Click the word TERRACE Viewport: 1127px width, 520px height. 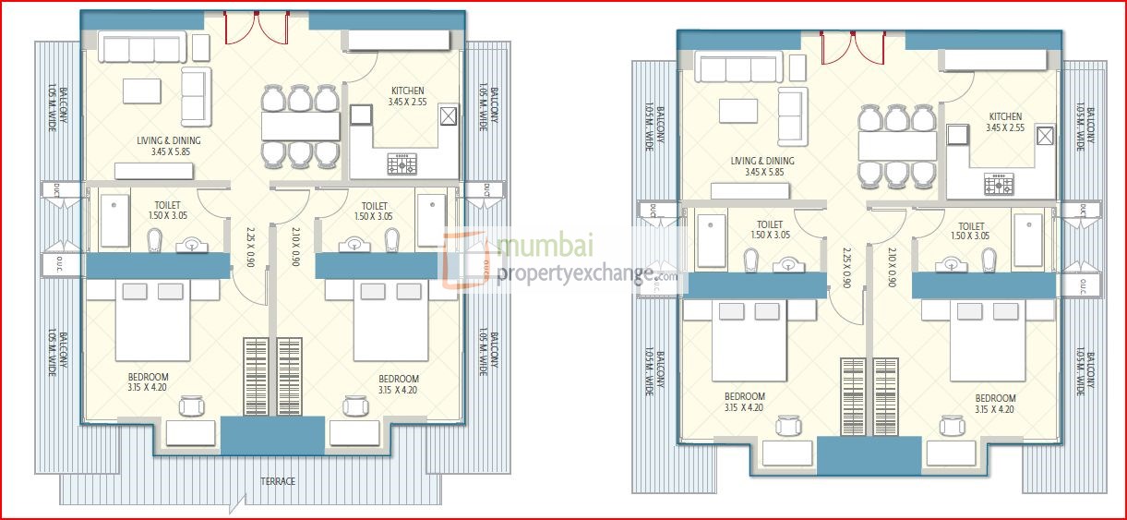[x=278, y=481]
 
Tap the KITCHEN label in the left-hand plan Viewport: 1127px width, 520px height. [x=407, y=91]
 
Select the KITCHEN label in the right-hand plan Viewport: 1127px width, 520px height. [x=1005, y=116]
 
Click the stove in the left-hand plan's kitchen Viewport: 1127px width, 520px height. [x=402, y=164]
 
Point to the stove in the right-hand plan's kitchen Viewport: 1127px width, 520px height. [x=999, y=183]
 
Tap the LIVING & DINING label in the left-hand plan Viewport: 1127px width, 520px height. [x=168, y=140]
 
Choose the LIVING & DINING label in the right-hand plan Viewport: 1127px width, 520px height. [x=762, y=161]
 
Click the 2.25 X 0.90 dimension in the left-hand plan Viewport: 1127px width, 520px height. [x=250, y=248]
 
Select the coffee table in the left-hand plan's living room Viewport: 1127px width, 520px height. [x=142, y=91]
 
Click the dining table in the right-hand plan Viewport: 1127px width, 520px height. [x=896, y=146]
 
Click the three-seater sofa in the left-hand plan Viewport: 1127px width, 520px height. [x=142, y=48]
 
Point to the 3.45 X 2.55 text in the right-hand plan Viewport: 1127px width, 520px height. [x=1005, y=128]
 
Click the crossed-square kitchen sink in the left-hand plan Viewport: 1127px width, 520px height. [x=449, y=115]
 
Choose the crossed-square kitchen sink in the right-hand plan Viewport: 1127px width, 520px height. [x=1046, y=136]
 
